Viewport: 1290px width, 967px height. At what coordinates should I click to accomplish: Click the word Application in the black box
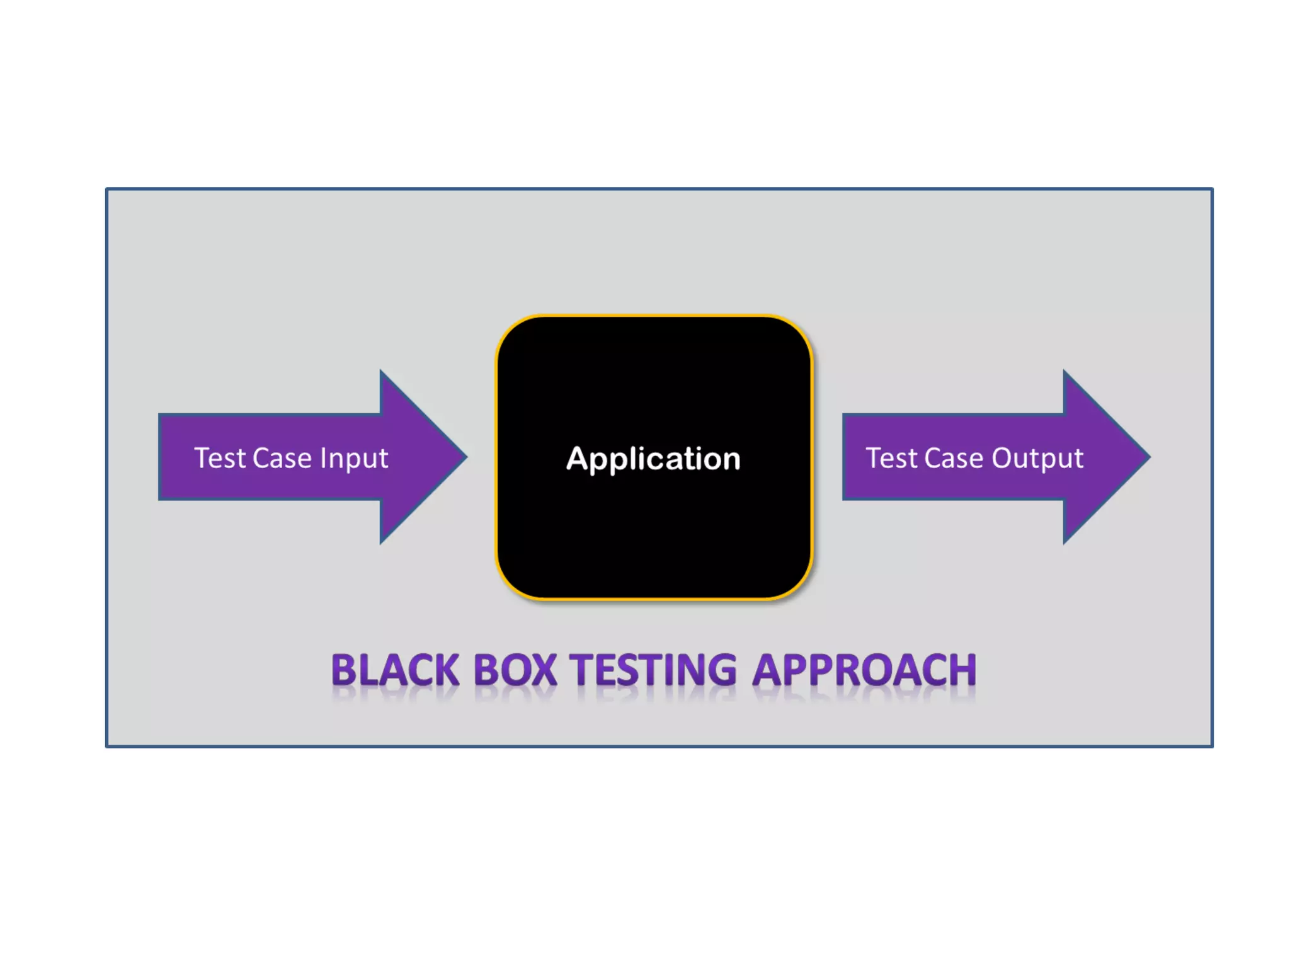tap(653, 459)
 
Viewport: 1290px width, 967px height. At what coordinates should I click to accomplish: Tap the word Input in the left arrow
tap(354, 459)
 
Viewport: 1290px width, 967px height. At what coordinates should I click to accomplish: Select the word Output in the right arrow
tap(1037, 459)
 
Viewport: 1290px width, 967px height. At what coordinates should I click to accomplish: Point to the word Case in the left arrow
tap(282, 458)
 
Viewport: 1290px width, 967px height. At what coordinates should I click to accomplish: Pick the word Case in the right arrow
tap(954, 458)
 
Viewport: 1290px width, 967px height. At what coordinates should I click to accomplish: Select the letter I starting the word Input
tap(323, 458)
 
